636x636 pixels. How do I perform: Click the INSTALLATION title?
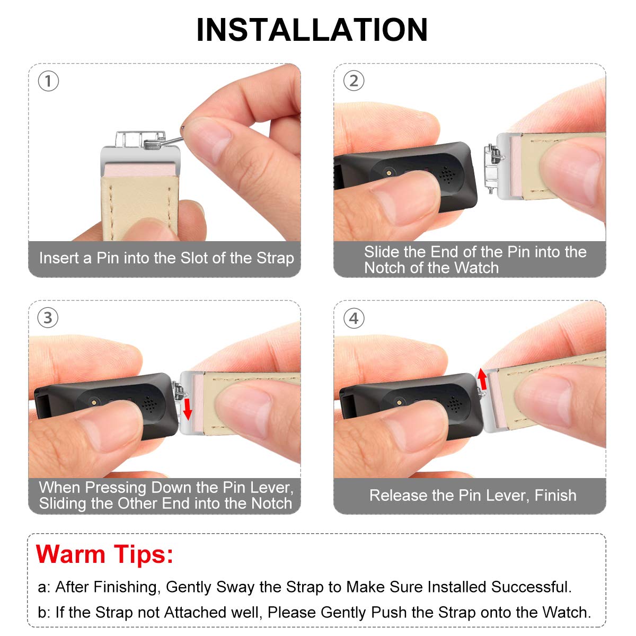click(312, 30)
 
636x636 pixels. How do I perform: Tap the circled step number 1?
click(48, 81)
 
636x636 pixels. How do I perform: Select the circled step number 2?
click(354, 81)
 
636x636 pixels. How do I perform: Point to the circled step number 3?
click(48, 318)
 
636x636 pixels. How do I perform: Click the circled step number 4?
click(354, 318)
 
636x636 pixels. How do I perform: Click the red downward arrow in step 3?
click(188, 409)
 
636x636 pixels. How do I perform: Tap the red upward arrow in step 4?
click(482, 379)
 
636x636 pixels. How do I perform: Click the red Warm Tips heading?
click(104, 554)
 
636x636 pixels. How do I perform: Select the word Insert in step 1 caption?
click(59, 258)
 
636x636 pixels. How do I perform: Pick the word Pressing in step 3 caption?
click(116, 488)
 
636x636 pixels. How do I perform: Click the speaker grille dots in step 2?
click(447, 174)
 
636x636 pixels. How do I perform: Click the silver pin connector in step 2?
click(492, 168)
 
